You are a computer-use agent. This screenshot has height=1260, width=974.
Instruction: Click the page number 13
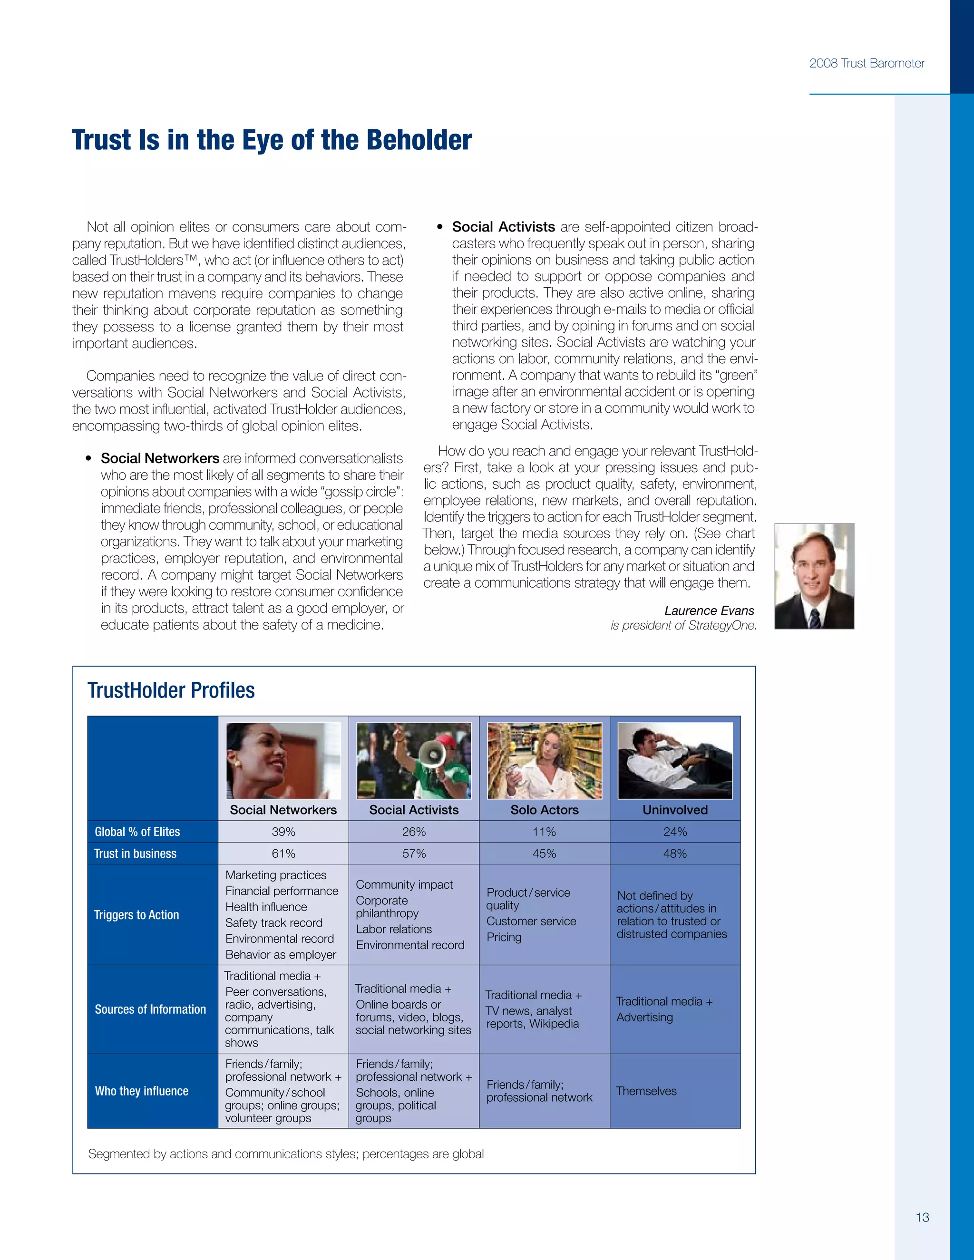coord(922,1217)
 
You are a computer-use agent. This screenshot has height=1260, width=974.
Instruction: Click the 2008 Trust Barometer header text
coord(866,63)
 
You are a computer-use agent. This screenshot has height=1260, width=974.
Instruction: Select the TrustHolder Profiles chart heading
coord(171,690)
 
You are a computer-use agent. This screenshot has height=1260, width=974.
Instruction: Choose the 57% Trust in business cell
coord(414,853)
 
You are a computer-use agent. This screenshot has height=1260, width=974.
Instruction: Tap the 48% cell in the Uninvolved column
coord(674,853)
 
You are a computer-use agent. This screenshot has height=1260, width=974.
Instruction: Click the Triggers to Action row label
coord(137,914)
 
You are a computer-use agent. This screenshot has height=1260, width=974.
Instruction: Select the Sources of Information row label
coord(150,1009)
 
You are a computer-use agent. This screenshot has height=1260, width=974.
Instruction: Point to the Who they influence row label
coord(141,1090)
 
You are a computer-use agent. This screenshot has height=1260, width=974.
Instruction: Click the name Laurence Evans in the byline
coord(709,611)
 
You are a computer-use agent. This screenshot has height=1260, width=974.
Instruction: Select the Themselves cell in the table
coord(646,1091)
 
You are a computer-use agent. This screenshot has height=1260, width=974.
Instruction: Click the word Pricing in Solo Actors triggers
coord(504,937)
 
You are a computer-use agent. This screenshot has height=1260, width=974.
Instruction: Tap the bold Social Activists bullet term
coord(503,227)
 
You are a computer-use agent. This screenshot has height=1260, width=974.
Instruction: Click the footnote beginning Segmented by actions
coord(286,1153)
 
